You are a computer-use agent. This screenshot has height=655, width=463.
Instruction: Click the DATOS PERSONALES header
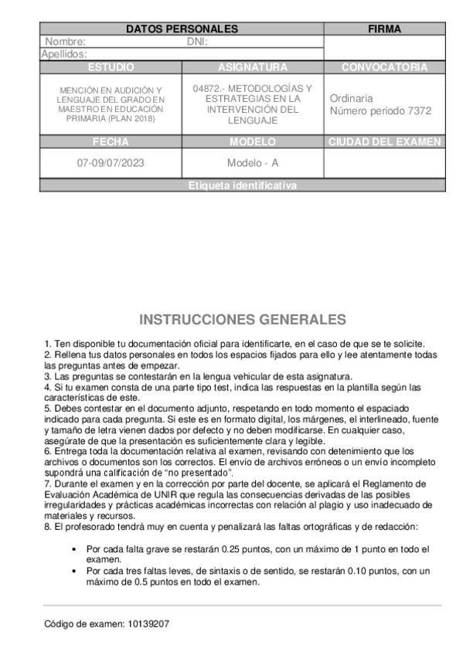[x=182, y=29]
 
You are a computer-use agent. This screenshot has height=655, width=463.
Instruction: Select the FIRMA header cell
[x=384, y=29]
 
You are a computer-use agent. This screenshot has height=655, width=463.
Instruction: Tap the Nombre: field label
[x=66, y=42]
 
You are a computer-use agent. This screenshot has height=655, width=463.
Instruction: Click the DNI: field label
[x=197, y=42]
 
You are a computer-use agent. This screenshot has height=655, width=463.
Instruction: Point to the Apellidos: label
[x=64, y=54]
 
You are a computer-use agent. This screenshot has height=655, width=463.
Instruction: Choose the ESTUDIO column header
[x=111, y=67]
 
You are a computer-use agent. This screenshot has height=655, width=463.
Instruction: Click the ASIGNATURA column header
[x=253, y=67]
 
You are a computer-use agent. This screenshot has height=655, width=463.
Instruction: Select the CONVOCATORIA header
[x=384, y=67]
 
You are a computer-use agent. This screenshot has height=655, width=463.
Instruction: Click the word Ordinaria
[x=351, y=98]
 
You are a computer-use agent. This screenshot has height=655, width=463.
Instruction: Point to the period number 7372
[x=418, y=110]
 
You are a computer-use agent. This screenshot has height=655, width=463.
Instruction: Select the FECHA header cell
[x=111, y=142]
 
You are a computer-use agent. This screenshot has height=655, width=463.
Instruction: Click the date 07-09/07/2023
[x=111, y=163]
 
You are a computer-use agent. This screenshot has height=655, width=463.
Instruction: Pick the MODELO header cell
[x=253, y=142]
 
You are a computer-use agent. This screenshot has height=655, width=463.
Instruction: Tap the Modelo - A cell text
[x=253, y=163]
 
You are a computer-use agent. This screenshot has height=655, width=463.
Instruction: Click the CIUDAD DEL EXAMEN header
[x=384, y=142]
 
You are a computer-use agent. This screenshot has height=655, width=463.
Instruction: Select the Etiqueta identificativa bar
[x=242, y=185]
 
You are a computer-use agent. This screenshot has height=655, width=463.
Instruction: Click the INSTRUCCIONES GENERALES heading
[x=243, y=320]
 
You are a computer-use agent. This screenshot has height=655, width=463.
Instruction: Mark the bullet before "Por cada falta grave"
[x=73, y=549]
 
